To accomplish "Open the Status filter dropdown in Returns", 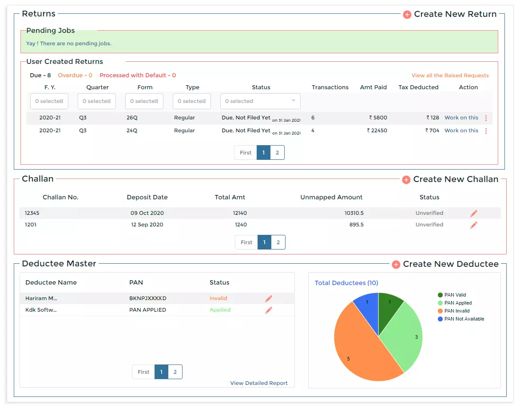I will [260, 101].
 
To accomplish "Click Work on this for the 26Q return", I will [461, 118].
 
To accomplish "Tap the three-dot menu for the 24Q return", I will [486, 131].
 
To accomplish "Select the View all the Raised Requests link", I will [450, 75].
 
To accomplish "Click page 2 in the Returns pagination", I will [277, 153].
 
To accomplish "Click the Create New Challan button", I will [450, 179].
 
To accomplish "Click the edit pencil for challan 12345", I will [473, 214].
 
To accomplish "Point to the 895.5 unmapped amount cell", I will [356, 225].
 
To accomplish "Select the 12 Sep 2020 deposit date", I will [147, 225].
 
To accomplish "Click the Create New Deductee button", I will [445, 264].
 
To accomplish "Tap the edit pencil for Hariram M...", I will [268, 299].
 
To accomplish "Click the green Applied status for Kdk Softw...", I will [220, 310].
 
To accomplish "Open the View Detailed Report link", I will [258, 383].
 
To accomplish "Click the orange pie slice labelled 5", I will [360, 351].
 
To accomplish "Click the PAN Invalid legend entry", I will [456, 311].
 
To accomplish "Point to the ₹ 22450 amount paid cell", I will [377, 131].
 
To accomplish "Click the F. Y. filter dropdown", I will [49, 101].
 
